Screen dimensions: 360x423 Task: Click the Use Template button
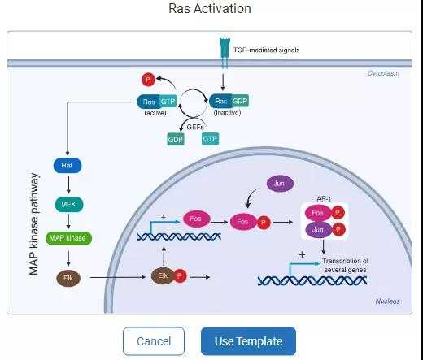(247, 341)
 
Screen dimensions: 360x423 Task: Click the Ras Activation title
(210, 9)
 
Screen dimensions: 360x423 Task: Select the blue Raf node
(68, 166)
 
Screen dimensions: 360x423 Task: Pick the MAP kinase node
(68, 239)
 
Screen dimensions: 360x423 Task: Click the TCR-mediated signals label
(266, 50)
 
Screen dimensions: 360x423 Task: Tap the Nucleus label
(387, 301)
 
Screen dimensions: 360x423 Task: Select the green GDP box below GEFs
(176, 140)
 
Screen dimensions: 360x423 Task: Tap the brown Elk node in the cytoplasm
(68, 278)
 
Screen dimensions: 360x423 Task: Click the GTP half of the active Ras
(167, 102)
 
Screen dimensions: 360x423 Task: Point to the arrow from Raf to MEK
(68, 184)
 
